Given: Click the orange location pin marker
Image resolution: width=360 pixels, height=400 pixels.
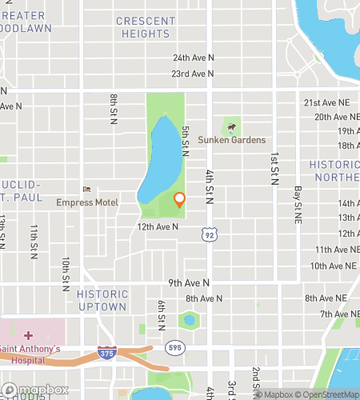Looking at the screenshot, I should pos(179,200).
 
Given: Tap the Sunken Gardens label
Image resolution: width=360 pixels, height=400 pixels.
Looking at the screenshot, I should pos(242,140).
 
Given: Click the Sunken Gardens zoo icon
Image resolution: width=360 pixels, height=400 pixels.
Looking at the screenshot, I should pos(231,126).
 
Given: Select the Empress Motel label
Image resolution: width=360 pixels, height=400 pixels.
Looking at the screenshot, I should pos(87,202).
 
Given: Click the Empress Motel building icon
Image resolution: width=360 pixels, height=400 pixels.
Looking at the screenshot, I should pos(87,190).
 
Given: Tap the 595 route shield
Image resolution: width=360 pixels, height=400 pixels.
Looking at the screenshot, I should pos(175,348).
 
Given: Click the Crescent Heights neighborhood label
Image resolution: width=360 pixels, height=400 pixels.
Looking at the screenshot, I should pos(146,27).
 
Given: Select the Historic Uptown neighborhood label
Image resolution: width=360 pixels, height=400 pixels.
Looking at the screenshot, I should pos(102,300).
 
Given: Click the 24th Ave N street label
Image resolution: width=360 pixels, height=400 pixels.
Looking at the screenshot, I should pos(194,58).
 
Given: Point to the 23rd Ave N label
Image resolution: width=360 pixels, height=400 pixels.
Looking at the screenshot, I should pos(193,74).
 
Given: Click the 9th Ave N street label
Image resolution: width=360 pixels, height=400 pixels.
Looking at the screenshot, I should pos(189,282).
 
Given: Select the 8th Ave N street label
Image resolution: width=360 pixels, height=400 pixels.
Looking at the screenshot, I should pos(202,298).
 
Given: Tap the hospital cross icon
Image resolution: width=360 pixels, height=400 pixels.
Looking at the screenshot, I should pos(28,335).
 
